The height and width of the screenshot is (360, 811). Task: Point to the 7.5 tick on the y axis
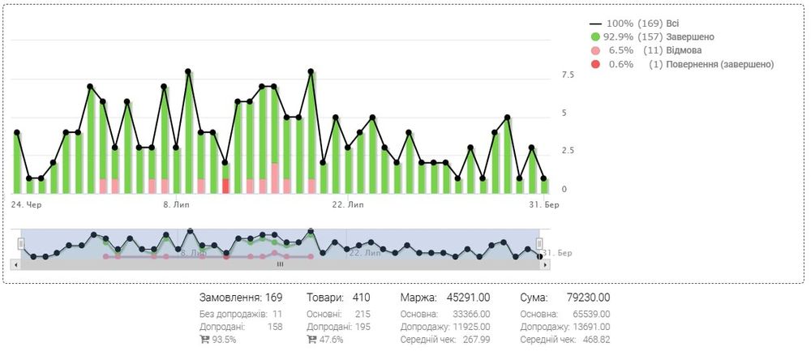click(568, 75)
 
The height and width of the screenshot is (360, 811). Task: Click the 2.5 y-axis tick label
click(568, 152)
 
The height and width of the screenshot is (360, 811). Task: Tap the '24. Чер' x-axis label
click(28, 205)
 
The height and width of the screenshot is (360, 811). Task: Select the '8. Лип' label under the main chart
click(178, 205)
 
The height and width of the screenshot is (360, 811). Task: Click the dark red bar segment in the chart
click(225, 186)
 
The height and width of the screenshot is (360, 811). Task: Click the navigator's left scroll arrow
click(15, 264)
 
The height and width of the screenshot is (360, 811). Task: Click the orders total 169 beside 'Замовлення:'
click(273, 298)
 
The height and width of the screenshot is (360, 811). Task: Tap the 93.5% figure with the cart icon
click(223, 340)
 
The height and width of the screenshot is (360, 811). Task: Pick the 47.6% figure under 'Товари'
click(331, 340)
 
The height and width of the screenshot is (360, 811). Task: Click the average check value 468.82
click(596, 340)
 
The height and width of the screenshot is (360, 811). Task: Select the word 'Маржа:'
click(418, 298)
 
